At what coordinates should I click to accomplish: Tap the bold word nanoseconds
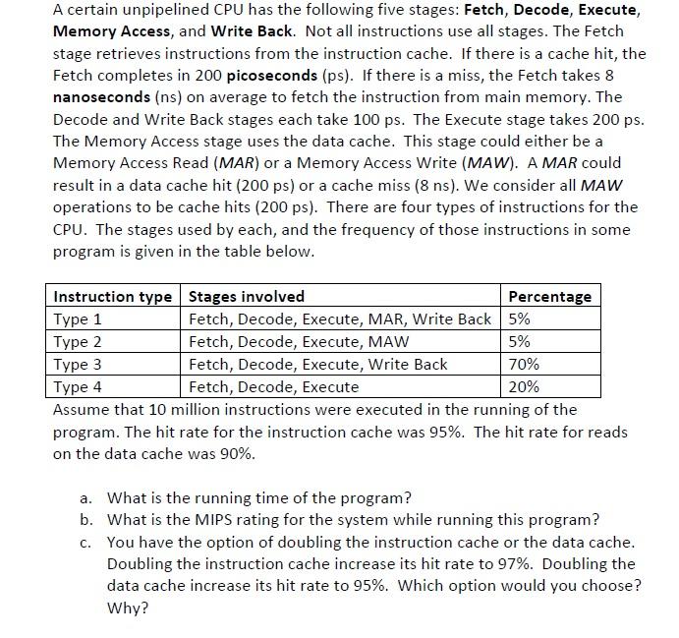(x=101, y=97)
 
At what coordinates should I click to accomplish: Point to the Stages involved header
(x=247, y=297)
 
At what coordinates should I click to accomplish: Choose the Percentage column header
(x=549, y=297)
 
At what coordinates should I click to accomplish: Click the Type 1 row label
(x=78, y=319)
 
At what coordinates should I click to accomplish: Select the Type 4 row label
(x=78, y=387)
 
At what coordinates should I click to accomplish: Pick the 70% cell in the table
(x=525, y=365)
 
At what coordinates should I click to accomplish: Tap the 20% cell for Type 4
(x=525, y=387)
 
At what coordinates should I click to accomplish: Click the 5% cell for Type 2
(x=520, y=342)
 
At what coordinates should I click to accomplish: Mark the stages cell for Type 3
(x=317, y=365)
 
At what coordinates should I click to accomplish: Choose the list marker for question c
(x=87, y=543)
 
